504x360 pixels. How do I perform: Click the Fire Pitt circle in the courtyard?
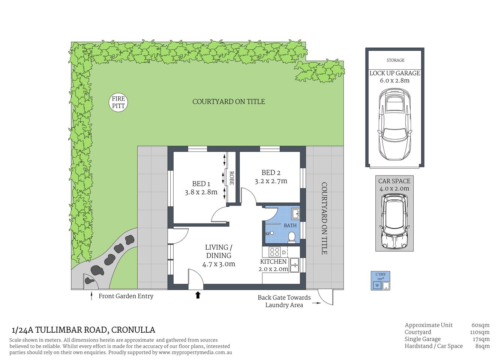118,102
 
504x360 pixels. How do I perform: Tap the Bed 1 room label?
201,184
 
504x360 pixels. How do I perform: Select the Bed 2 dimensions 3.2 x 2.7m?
271,181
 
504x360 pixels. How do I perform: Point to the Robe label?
232,178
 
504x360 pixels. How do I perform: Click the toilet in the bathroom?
291,237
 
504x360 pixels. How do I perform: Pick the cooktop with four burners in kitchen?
274,252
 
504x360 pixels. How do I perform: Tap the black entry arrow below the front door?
198,295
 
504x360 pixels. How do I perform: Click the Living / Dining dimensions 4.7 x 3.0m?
219,264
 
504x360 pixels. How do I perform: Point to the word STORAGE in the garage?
395,60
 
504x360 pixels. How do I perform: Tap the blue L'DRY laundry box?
381,281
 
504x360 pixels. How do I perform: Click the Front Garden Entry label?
126,296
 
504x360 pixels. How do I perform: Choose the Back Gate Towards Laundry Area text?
284,301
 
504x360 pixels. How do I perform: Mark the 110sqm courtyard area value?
480,332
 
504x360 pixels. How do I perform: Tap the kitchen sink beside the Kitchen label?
294,265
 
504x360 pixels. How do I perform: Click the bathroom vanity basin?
295,214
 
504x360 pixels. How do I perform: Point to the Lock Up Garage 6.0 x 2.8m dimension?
394,81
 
